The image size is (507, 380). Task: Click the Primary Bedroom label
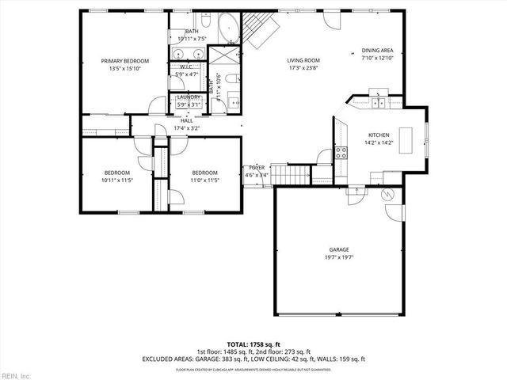coord(125,61)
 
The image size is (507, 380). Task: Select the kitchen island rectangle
coord(407,141)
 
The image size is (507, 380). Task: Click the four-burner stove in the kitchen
coord(342,152)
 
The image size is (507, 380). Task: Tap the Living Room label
coord(303,60)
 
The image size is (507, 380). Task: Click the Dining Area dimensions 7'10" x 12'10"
coord(377,58)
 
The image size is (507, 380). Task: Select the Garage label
coord(339,249)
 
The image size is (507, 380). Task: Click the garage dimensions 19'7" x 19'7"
coord(339,257)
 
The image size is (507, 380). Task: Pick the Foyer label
coord(257,168)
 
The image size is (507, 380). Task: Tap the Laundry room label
coord(188,97)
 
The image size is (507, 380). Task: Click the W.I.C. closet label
coord(187,67)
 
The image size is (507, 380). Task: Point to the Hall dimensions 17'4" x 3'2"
coord(187,127)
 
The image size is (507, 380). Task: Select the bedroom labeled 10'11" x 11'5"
coord(116,176)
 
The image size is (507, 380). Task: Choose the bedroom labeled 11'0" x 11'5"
coord(204,176)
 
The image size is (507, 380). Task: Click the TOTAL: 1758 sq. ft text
coord(253,344)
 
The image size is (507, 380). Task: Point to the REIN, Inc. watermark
coord(16,374)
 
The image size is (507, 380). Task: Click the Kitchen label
coord(379,135)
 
